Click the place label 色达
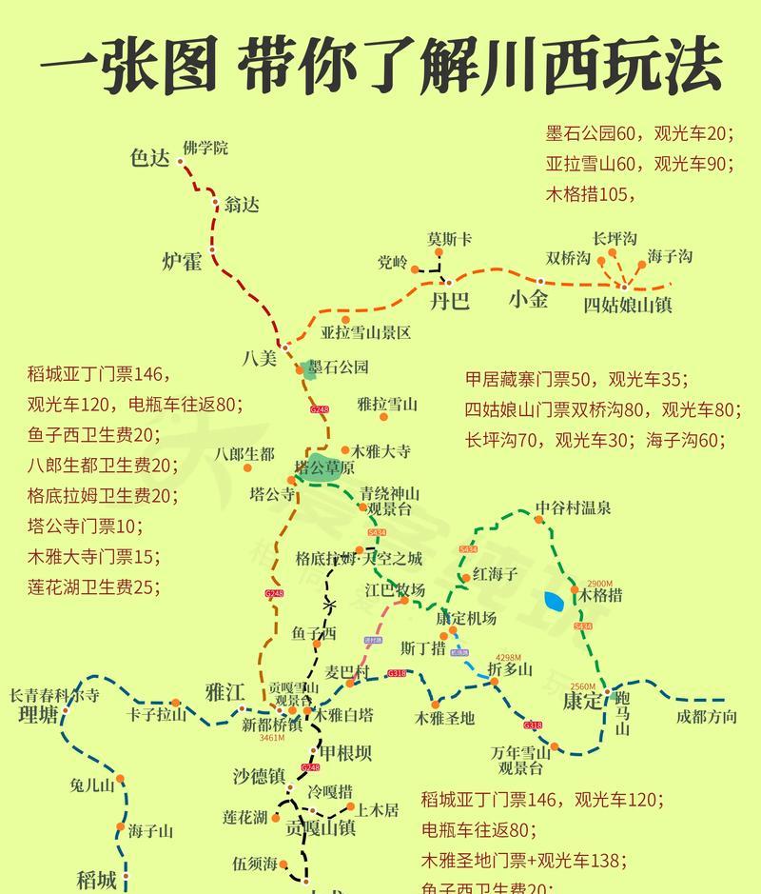click(x=148, y=159)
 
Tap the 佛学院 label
click(x=205, y=149)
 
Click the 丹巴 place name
click(x=449, y=302)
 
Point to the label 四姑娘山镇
click(x=628, y=305)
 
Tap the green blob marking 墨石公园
click(x=308, y=369)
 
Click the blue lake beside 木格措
click(x=553, y=602)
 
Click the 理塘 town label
click(x=38, y=716)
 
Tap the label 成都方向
click(x=706, y=717)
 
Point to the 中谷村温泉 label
click(x=572, y=508)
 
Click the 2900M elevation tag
click(x=599, y=584)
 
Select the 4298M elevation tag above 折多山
click(x=509, y=658)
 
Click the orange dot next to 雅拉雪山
click(x=383, y=417)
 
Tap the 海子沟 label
click(x=670, y=256)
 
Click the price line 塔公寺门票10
click(x=83, y=526)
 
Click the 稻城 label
click(x=96, y=878)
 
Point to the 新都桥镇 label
click(x=272, y=725)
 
